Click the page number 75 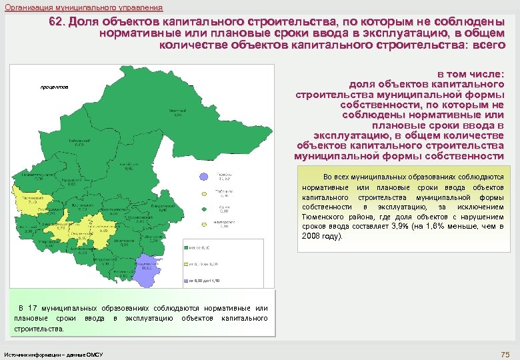click(505, 353)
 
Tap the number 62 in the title click(57, 21)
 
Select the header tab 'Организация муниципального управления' click(83, 7)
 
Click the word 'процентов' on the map click(54, 88)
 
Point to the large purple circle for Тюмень click(203, 177)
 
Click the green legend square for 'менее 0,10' click(187, 248)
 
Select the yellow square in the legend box click(187, 265)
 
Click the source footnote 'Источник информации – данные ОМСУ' click(53, 353)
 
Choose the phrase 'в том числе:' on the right click(470, 74)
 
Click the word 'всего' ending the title click(488, 45)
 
